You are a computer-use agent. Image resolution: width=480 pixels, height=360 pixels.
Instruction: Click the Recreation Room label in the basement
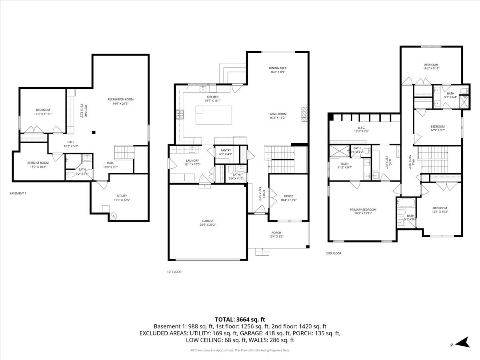tap(120, 100)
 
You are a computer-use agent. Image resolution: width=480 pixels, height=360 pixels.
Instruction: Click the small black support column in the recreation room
tap(94, 132)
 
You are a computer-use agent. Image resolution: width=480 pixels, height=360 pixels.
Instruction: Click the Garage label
tap(208, 221)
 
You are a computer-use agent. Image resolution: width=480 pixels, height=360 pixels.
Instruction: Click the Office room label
tap(289, 196)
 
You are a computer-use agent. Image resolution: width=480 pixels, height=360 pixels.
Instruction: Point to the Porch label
tap(276, 233)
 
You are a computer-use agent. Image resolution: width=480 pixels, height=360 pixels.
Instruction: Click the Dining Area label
tap(278, 68)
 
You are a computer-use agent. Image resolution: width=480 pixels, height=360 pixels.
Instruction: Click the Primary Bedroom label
tap(363, 210)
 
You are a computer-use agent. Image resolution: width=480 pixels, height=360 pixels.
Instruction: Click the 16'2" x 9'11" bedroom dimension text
tap(431, 68)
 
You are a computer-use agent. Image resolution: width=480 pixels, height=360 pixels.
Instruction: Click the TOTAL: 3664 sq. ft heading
tap(240, 319)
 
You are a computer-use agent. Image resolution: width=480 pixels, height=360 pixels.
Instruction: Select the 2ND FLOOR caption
tap(334, 253)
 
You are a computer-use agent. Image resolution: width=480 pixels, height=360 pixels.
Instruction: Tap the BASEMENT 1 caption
tap(18, 194)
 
